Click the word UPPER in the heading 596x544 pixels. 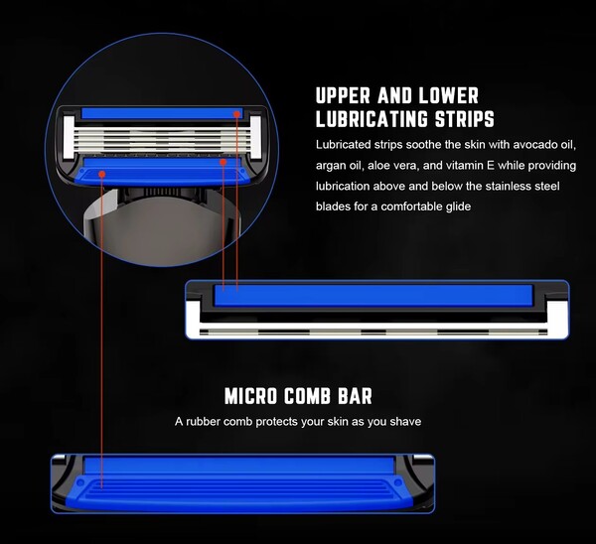pyautogui.click(x=343, y=96)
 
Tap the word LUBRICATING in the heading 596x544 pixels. pyautogui.click(x=373, y=120)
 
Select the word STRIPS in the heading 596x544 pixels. pyautogui.click(x=464, y=120)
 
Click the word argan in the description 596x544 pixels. pyautogui.click(x=332, y=166)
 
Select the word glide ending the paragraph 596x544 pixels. pyautogui.click(x=452, y=206)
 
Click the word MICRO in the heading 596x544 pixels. pyautogui.click(x=253, y=397)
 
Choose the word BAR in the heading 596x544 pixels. pyautogui.click(x=355, y=397)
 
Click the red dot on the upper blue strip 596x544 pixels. pyautogui.click(x=237, y=113)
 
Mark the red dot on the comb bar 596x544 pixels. pyautogui.click(x=102, y=172)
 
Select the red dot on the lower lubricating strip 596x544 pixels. pyautogui.click(x=224, y=160)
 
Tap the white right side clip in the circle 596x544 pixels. pyautogui.click(x=255, y=136)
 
